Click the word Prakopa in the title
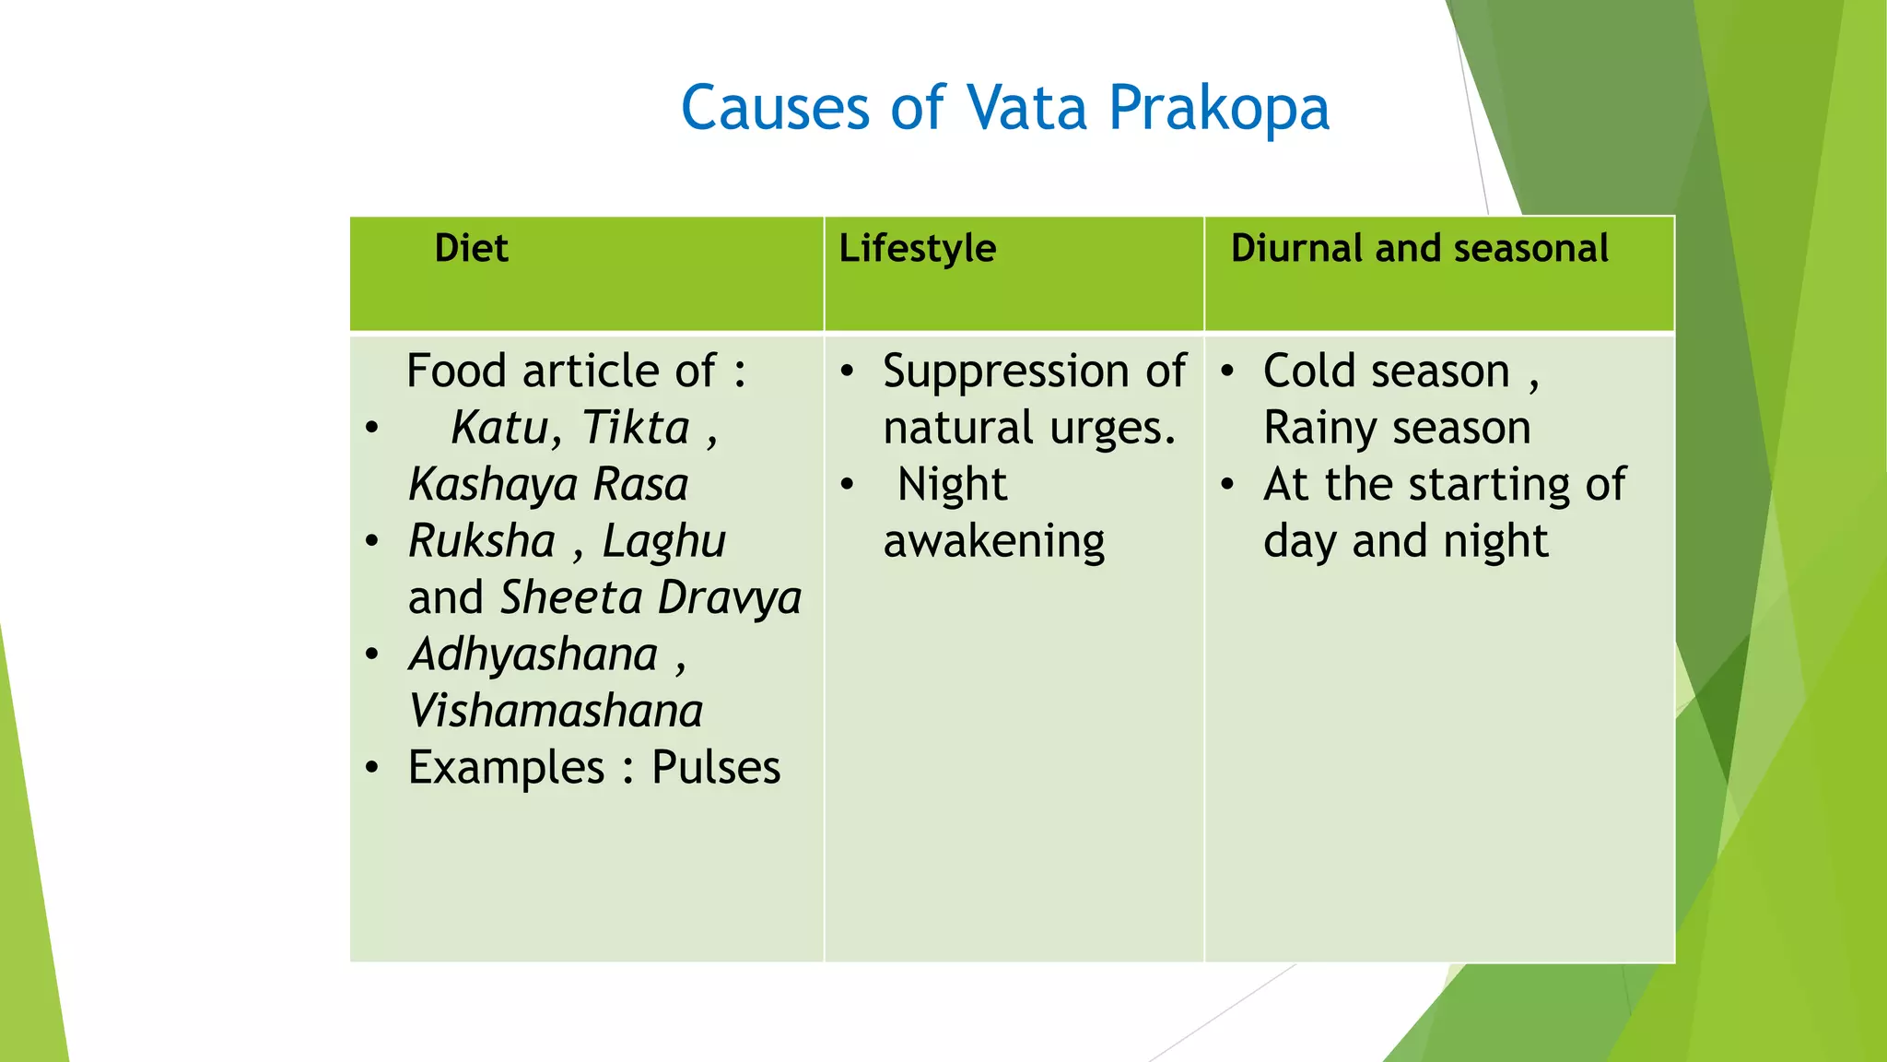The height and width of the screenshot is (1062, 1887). point(1218,109)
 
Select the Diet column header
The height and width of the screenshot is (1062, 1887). point(471,249)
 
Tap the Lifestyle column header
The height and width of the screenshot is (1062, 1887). point(917,249)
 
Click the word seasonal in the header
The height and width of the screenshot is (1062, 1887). point(1530,249)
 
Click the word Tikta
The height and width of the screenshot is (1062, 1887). point(636,428)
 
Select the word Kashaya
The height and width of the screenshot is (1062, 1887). point(494,486)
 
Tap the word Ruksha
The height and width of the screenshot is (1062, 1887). point(482,541)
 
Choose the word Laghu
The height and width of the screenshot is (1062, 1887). point(664,541)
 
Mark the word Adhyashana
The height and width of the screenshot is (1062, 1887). point(533,655)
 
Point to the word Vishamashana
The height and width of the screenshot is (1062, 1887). point(556,712)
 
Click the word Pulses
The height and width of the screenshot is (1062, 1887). point(716,768)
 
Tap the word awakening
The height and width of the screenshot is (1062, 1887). point(994,542)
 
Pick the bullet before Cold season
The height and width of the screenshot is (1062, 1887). point(1227,372)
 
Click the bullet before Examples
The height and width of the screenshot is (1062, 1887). point(371,768)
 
